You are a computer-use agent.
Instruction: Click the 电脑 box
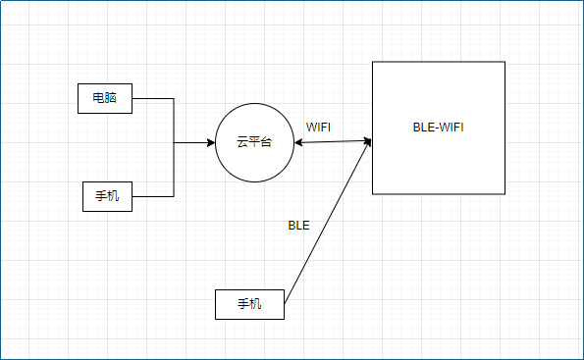click(x=105, y=98)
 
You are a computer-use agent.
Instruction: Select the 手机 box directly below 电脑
click(x=106, y=196)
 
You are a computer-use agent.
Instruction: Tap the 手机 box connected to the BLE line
click(x=249, y=304)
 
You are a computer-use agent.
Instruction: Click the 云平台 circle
click(x=254, y=143)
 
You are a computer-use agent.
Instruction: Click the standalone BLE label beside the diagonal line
click(x=298, y=225)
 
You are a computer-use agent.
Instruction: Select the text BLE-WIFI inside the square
click(x=439, y=128)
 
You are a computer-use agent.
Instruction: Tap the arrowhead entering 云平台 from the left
click(x=210, y=143)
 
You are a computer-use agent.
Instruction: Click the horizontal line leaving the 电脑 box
click(x=152, y=98)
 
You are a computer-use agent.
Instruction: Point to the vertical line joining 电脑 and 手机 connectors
click(x=174, y=167)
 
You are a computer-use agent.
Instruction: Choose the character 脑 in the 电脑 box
click(x=112, y=98)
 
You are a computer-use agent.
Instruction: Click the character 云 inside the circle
click(x=242, y=143)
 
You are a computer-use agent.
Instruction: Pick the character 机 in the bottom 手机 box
click(x=256, y=304)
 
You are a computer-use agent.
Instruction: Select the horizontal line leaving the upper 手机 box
click(x=152, y=196)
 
